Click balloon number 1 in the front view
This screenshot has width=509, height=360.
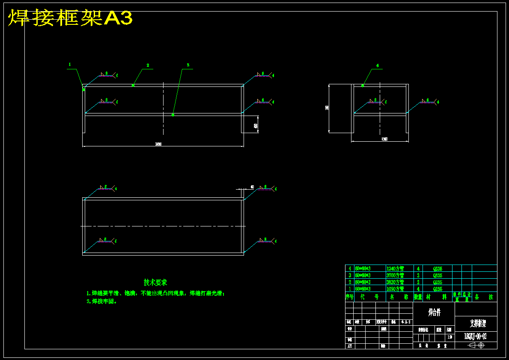pyautogui.click(x=69, y=65)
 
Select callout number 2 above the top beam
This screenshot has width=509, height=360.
pyautogui.click(x=148, y=65)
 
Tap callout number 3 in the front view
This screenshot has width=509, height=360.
pyautogui.click(x=188, y=65)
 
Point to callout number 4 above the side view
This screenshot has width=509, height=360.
pyautogui.click(x=377, y=65)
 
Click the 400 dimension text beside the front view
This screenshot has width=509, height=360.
pyautogui.click(x=256, y=126)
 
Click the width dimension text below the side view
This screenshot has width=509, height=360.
pyautogui.click(x=384, y=140)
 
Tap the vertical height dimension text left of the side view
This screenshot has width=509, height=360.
pyautogui.click(x=327, y=108)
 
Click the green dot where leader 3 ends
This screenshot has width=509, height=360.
pyautogui.click(x=173, y=115)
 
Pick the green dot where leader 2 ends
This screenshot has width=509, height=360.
pyautogui.click(x=133, y=85)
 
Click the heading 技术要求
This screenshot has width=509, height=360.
pyautogui.click(x=155, y=283)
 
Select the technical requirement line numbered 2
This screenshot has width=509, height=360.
pyautogui.click(x=102, y=301)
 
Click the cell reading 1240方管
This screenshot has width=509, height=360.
pyautogui.click(x=395, y=268)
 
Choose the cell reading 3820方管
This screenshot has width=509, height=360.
pyautogui.click(x=395, y=282)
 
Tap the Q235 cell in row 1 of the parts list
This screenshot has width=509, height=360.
pyautogui.click(x=438, y=289)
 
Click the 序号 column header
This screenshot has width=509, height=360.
pyautogui.click(x=349, y=297)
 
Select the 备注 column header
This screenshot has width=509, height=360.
pyautogui.click(x=484, y=297)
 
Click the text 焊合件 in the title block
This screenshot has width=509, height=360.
pyautogui.click(x=434, y=312)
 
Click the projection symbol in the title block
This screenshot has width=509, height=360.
pyautogui.click(x=476, y=345)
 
